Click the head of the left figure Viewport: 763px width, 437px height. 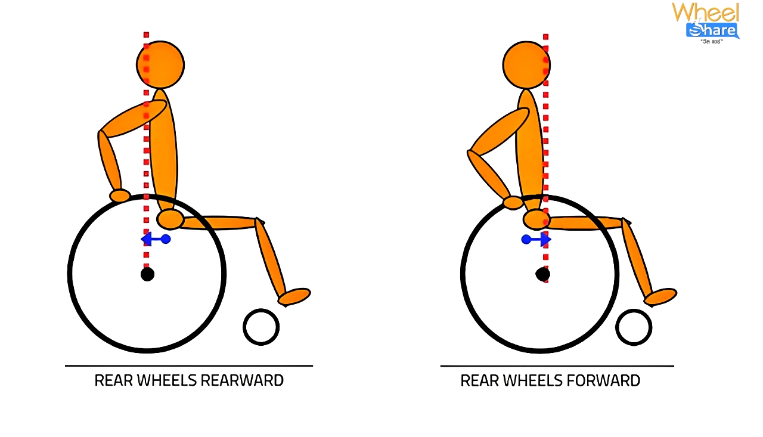pyautogui.click(x=160, y=64)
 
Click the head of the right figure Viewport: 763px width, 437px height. pyautogui.click(x=526, y=64)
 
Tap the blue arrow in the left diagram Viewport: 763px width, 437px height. pyautogui.click(x=156, y=239)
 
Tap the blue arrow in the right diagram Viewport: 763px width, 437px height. pyautogui.click(x=536, y=240)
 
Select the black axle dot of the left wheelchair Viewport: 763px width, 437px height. pyautogui.click(x=147, y=274)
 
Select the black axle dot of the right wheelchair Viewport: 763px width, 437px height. pyautogui.click(x=542, y=274)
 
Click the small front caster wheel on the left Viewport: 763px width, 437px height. pyautogui.click(x=261, y=327)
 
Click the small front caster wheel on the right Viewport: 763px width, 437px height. pyautogui.click(x=634, y=327)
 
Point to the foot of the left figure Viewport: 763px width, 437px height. pyautogui.click(x=294, y=296)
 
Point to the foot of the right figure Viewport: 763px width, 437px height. pyautogui.click(x=660, y=296)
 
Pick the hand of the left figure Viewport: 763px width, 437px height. pyautogui.click(x=120, y=196)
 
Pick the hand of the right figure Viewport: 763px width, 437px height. pyautogui.click(x=513, y=203)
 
